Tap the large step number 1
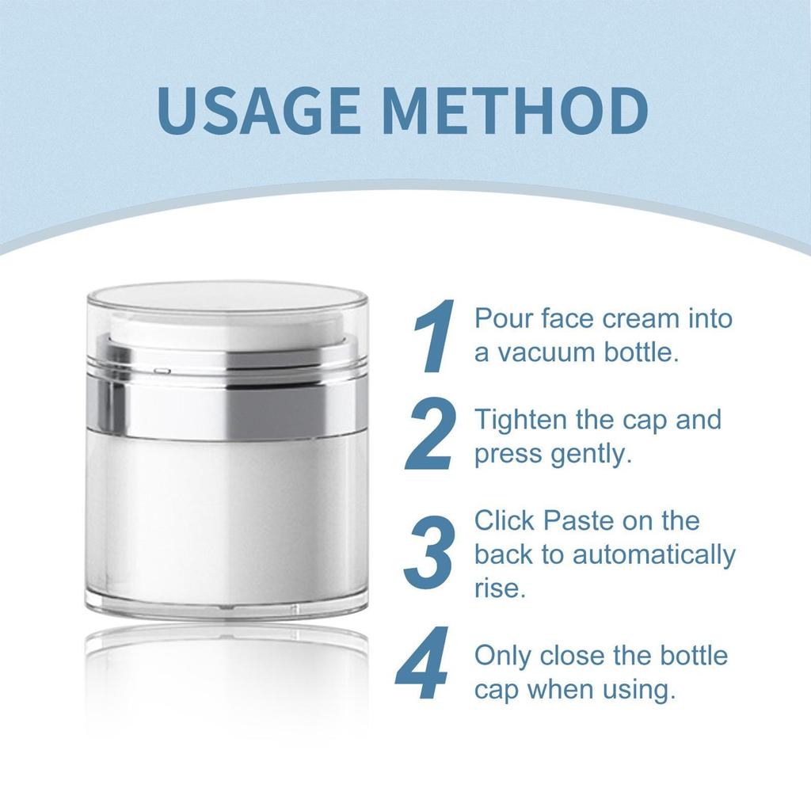click(x=435, y=336)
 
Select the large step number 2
click(x=431, y=435)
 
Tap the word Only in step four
click(x=502, y=656)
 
